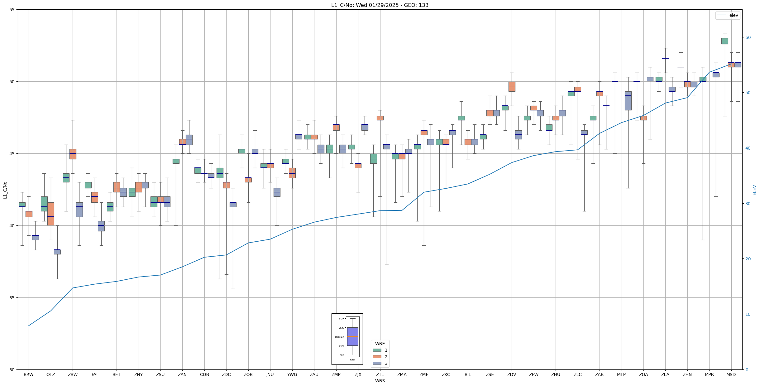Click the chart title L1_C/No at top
coord(380,5)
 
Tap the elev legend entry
coord(728,15)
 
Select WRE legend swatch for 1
coord(377,350)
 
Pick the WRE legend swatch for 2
coord(377,357)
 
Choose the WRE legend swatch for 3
coord(377,363)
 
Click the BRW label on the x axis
coord(29,374)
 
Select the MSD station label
coord(731,374)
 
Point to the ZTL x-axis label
coord(380,374)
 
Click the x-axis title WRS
coord(380,381)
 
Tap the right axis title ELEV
coord(754,190)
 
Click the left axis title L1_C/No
coord(5,190)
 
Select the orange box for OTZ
coord(51,214)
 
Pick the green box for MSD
coord(724,41)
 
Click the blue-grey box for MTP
coord(628,101)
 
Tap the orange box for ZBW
coord(73,154)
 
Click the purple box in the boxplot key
coord(352,336)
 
